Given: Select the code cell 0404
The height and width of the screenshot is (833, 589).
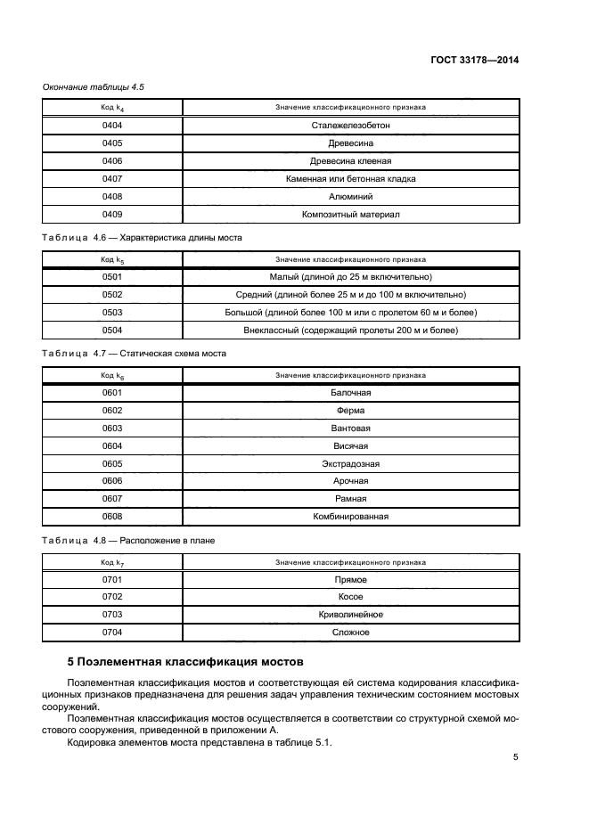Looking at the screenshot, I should pos(112,126).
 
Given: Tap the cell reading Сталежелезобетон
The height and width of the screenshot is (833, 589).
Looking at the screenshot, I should pos(350,126).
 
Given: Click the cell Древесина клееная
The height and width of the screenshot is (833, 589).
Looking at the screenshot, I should pos(350,161).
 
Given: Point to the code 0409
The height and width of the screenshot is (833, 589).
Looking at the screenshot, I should pos(112,215).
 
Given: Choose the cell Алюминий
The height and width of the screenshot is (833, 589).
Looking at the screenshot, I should pos(350,197).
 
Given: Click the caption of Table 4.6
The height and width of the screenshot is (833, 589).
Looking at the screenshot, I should pos(143,238).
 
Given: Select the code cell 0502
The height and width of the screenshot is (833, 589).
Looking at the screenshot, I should pos(112,295).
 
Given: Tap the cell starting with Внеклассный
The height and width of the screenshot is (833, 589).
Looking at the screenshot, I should pos(350,331).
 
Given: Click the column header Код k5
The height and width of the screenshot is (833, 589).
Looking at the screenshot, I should pos(112,259).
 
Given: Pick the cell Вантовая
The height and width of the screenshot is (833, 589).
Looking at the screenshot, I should pos(350,429).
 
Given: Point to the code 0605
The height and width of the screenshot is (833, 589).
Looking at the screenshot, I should pos(112,464).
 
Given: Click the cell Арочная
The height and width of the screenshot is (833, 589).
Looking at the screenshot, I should pos(350,482).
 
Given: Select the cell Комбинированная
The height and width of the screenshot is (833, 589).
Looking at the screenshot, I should pos(350,517).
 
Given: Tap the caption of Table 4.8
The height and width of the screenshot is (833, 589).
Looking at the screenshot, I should pos(129,541).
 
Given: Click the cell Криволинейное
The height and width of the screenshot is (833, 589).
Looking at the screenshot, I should pos(350,615).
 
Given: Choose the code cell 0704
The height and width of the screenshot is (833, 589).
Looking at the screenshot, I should pos(112,633).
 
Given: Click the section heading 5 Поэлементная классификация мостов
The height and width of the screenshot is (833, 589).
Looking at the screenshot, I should pos(186,662).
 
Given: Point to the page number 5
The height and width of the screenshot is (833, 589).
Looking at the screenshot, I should pos(515,757).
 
